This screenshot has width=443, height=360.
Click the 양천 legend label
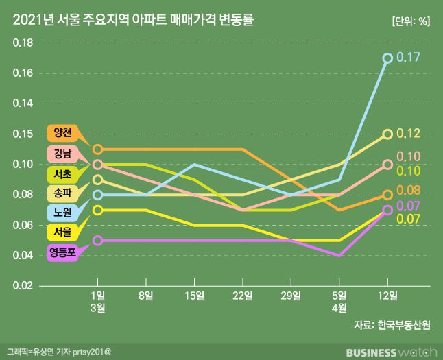[x=63, y=132]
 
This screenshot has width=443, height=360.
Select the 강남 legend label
[x=63, y=152]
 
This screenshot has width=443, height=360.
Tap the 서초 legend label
[x=63, y=172]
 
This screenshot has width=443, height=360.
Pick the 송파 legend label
[x=63, y=192]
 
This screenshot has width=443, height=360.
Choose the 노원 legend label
[x=63, y=212]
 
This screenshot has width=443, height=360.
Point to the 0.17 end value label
[x=410, y=58]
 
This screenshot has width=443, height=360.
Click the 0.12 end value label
[x=410, y=134]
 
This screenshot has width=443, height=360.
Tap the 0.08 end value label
[x=410, y=190]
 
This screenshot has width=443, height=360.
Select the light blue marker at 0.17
[x=387, y=58]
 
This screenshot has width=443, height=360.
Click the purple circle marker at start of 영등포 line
[x=98, y=241]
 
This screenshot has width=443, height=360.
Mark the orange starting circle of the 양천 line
[x=98, y=149]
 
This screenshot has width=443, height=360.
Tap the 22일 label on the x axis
[x=243, y=296]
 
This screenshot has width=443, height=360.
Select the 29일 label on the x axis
[x=291, y=296]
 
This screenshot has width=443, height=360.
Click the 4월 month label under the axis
[x=339, y=308]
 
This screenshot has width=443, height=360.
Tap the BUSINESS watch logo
[x=390, y=352]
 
